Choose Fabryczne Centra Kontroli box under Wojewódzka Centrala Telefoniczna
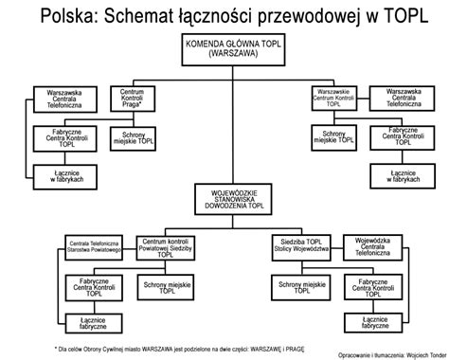pos(371,286)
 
